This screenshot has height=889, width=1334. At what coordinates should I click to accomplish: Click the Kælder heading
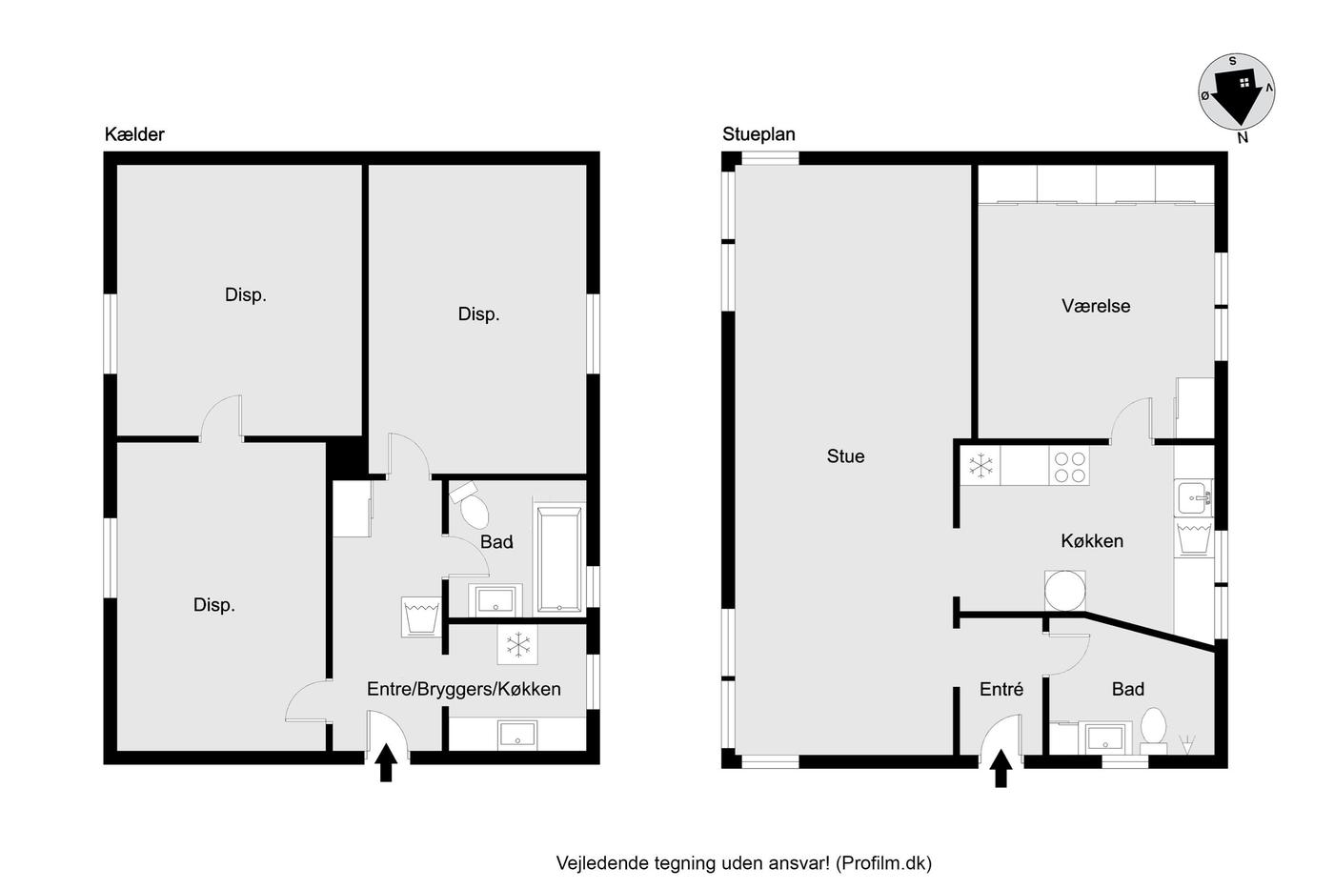pyautogui.click(x=134, y=134)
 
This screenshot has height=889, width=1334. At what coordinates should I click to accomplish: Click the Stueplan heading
pyautogui.click(x=758, y=134)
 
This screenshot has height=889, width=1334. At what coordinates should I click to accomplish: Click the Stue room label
pyautogui.click(x=845, y=456)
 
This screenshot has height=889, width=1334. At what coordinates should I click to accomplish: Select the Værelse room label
pyautogui.click(x=1096, y=306)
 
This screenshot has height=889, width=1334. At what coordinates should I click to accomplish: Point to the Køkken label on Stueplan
pyautogui.click(x=1092, y=541)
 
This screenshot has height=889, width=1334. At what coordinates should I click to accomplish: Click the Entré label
pyautogui.click(x=1001, y=690)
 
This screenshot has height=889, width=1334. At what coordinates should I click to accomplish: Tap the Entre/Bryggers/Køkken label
pyautogui.click(x=463, y=689)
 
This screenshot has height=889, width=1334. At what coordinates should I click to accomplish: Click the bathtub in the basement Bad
pyautogui.click(x=558, y=558)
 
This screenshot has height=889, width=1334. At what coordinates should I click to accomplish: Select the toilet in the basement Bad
pyautogui.click(x=471, y=504)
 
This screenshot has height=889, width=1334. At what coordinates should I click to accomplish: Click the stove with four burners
pyautogui.click(x=1069, y=467)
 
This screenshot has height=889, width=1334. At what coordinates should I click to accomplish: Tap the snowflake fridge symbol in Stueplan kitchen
pyautogui.click(x=980, y=466)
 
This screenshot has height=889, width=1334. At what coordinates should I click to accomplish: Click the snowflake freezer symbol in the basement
pyautogui.click(x=517, y=644)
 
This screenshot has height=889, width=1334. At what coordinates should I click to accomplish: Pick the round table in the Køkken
pyautogui.click(x=1065, y=591)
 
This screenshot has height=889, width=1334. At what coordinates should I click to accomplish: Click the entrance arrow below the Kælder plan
pyautogui.click(x=386, y=762)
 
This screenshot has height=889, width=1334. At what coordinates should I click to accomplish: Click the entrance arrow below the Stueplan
pyautogui.click(x=1001, y=768)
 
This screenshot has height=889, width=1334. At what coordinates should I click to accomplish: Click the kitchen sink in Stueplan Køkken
pyautogui.click(x=1193, y=497)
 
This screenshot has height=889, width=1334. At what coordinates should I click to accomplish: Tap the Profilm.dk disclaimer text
pyautogui.click(x=744, y=863)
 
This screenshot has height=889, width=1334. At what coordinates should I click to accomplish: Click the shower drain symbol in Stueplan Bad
pyautogui.click(x=1187, y=744)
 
